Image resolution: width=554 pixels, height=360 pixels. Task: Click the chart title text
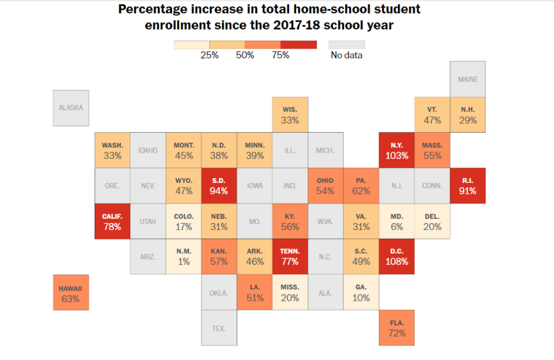[269, 17]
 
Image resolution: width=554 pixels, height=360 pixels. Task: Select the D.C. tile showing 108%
[397, 257]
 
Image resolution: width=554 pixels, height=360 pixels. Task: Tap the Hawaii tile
[70, 292]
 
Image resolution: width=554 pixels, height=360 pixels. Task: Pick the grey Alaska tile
[71, 108]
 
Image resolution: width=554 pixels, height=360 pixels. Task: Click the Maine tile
[468, 79]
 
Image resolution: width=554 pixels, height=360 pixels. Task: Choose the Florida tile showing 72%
[397, 328]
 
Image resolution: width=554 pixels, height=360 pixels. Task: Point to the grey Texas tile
[219, 328]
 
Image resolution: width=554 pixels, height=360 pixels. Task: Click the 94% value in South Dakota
[219, 191]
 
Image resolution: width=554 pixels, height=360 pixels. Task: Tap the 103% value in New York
[397, 155]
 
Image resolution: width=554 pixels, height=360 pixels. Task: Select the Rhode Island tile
[468, 185]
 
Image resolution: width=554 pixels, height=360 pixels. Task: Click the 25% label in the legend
[209, 55]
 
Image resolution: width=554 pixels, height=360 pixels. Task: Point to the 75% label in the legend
[280, 55]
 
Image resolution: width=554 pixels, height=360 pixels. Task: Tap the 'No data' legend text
[347, 55]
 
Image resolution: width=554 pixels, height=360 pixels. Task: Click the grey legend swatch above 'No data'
[347, 44]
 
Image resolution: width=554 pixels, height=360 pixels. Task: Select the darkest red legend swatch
[299, 44]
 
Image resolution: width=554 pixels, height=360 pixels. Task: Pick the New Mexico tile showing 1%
[183, 257]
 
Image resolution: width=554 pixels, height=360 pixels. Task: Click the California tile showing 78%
[113, 221]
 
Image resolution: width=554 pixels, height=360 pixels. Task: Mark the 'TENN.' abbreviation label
[290, 251]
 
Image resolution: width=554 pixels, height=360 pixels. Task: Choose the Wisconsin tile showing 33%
[290, 115]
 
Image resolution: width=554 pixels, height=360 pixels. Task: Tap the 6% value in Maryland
[397, 227]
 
